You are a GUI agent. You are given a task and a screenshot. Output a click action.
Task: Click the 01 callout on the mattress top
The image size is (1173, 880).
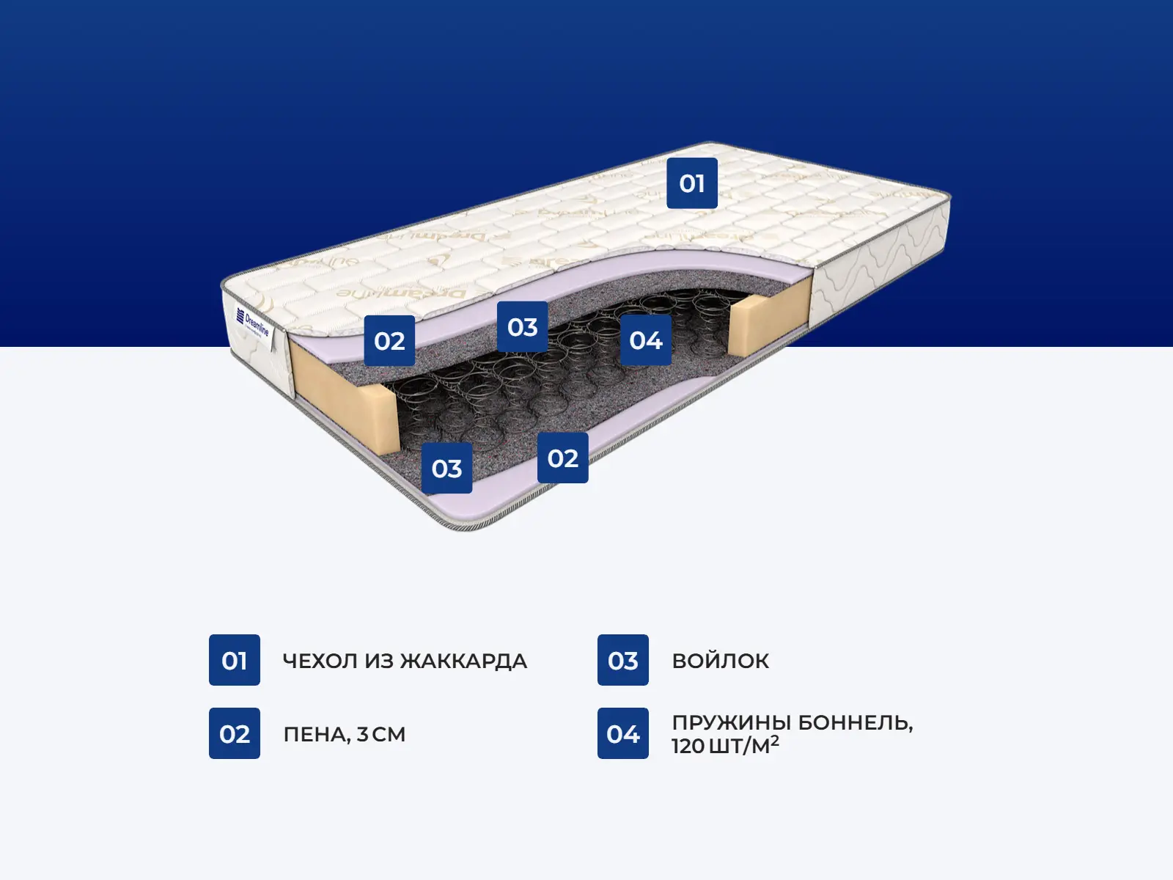691,183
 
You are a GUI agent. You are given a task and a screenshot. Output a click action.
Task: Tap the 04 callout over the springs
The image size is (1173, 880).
645,340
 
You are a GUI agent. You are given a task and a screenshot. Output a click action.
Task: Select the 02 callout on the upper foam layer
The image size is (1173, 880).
389,341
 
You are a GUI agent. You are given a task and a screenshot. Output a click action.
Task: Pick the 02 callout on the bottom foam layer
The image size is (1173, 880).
562,458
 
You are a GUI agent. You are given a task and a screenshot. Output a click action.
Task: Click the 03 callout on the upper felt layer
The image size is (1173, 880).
522,327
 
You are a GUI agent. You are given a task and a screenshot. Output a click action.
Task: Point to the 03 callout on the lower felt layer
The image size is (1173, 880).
446,469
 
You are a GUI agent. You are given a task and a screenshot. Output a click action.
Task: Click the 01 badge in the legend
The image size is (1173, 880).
235,660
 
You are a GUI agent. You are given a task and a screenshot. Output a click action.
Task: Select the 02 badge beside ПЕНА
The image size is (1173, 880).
235,733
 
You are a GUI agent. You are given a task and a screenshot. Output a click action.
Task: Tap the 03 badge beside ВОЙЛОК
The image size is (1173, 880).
622,660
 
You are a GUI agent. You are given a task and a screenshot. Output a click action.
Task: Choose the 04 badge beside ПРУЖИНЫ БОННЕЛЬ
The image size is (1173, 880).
622,733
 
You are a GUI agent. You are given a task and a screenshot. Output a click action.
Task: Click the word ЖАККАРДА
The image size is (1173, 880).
464,661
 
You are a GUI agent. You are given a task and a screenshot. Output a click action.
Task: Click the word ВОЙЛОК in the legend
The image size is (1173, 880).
720,661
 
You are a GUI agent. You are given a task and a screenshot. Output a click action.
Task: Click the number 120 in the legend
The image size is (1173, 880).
688,747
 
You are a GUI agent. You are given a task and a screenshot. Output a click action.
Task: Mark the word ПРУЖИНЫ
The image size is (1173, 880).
731,722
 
